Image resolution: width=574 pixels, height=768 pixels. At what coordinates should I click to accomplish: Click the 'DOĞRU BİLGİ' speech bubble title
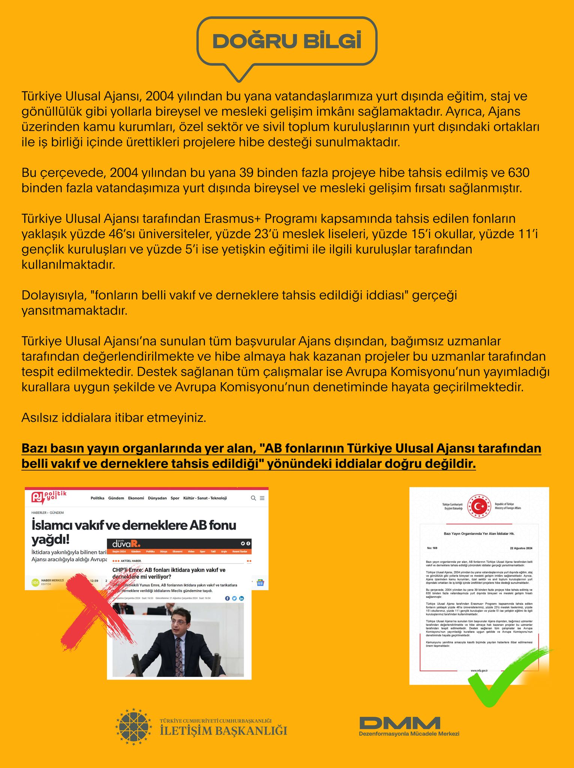click(287, 41)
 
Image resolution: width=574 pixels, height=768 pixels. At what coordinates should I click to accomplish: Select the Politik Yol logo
click(48, 497)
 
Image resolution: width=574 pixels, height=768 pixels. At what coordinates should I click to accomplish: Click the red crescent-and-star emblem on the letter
click(479, 507)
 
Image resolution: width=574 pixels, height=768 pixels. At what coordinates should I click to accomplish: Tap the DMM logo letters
click(400, 723)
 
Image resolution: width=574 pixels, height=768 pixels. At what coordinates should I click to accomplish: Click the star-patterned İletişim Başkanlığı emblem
click(133, 726)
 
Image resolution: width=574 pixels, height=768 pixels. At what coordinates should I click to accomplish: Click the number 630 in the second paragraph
click(519, 173)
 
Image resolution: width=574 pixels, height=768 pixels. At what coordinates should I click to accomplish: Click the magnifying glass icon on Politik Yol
click(253, 498)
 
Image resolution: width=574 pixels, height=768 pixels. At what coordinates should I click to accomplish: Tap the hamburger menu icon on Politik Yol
click(262, 498)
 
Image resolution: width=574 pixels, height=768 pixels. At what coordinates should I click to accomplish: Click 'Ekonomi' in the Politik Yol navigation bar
click(136, 498)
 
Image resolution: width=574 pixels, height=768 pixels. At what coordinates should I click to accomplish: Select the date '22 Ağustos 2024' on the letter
click(521, 548)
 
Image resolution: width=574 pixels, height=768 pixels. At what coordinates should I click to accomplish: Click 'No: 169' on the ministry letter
click(432, 548)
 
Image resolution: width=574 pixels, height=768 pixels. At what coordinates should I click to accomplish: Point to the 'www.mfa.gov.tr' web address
click(479, 670)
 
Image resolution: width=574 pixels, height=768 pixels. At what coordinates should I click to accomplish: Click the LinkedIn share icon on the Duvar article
click(241, 598)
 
